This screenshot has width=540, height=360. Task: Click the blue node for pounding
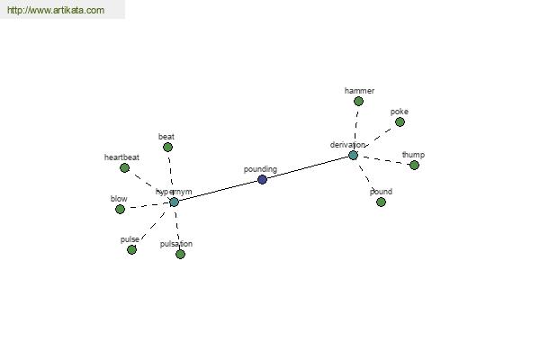(262, 179)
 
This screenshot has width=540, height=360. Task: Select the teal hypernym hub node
(175, 202)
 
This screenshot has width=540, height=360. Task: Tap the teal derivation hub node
(353, 155)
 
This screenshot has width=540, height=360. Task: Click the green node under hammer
(358, 102)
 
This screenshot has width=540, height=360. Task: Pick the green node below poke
(400, 122)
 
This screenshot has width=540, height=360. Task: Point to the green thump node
(414, 166)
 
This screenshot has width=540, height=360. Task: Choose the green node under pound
(381, 202)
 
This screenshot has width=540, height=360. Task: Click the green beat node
(167, 148)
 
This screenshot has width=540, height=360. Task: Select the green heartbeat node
(124, 168)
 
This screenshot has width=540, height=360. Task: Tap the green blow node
(120, 209)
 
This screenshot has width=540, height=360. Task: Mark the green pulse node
(131, 250)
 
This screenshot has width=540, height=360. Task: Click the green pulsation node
(180, 254)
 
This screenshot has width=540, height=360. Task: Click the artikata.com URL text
(56, 10)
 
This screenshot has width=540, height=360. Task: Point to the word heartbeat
(121, 157)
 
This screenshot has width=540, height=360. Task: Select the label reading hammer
(359, 91)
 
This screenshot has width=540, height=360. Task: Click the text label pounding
(260, 169)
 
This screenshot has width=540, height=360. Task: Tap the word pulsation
(176, 244)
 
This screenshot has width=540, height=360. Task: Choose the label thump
(413, 155)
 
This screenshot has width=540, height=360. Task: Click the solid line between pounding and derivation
(308, 167)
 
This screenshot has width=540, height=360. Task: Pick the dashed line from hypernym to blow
(149, 206)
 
